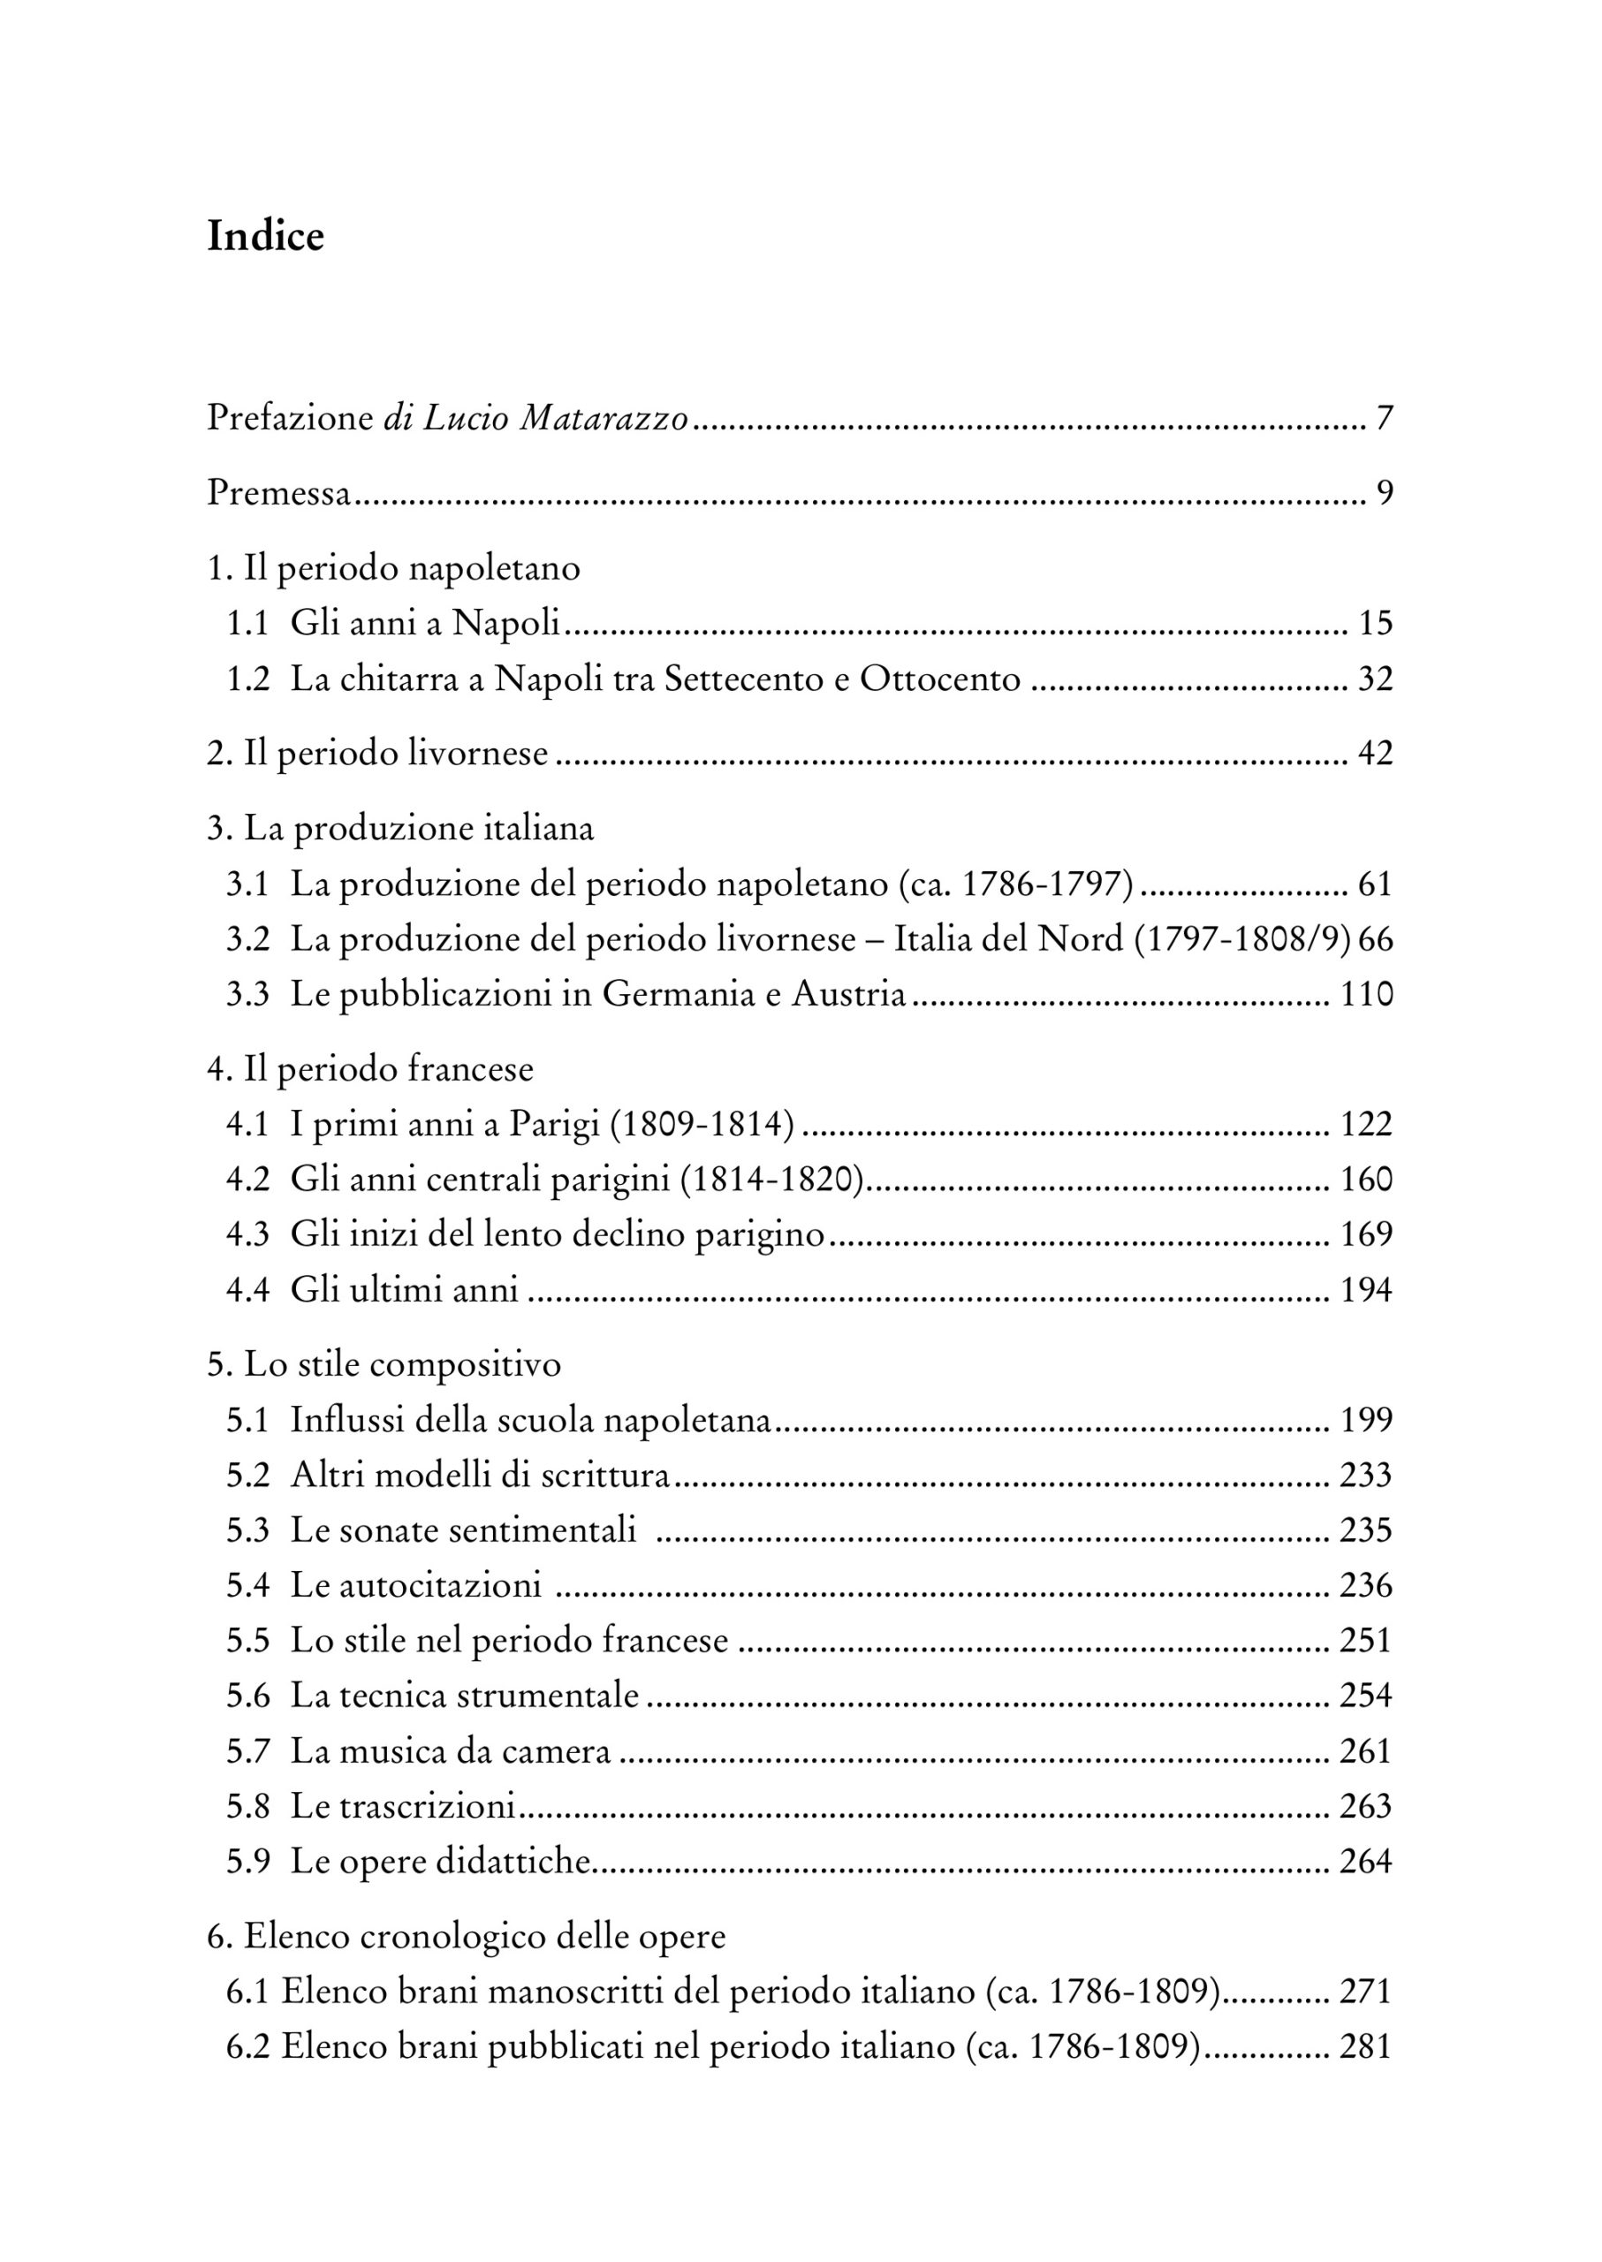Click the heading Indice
pos(265,237)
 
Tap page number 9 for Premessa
pos(1384,492)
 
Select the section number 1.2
pos(247,679)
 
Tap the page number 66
pos(1375,939)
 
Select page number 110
pos(1366,994)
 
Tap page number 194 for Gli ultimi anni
pos(1366,1290)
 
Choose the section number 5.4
pos(247,1586)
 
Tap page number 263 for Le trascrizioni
pos(1365,1807)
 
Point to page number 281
pos(1365,2048)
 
